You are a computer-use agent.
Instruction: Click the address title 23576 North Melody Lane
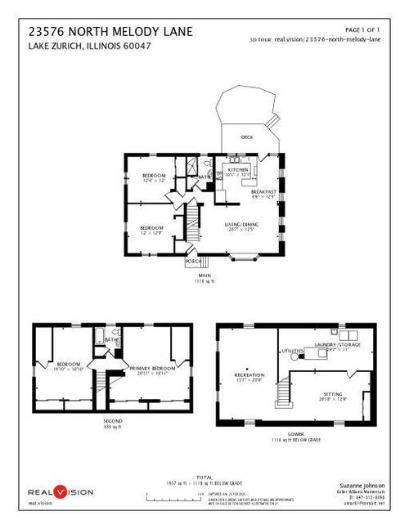coord(110,31)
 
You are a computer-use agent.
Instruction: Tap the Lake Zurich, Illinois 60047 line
coord(90,46)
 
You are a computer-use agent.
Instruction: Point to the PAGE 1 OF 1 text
coord(364,28)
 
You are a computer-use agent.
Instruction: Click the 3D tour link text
coord(315,39)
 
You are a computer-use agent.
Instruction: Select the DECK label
coord(246,137)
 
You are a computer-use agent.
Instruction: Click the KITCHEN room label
coord(237,169)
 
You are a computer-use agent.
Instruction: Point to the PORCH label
coord(193,261)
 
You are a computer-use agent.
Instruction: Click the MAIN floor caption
coord(204,276)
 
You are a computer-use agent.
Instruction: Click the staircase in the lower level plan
coord(282,393)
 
